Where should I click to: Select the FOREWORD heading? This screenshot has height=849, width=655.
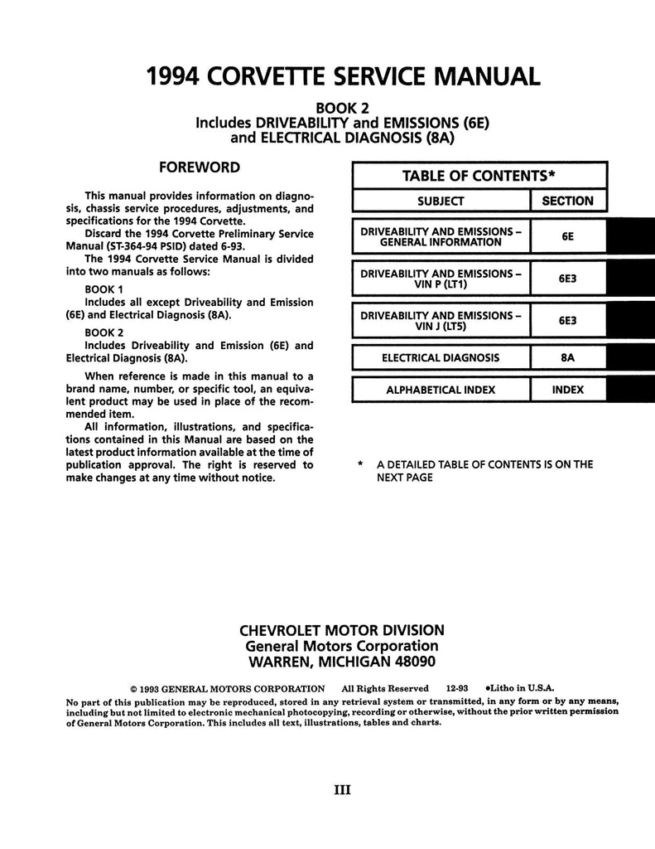(x=200, y=167)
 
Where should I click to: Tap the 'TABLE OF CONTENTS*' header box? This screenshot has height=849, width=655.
(x=478, y=176)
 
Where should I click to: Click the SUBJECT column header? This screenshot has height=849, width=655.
(x=441, y=201)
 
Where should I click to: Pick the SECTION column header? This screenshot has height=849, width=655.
(x=567, y=201)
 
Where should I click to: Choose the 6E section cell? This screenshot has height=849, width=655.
(x=567, y=236)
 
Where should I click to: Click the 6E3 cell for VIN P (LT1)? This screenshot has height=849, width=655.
(x=567, y=279)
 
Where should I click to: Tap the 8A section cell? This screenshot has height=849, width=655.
(x=567, y=358)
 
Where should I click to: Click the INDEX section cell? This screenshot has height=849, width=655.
(x=567, y=390)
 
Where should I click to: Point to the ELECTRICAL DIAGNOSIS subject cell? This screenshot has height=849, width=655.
(x=441, y=358)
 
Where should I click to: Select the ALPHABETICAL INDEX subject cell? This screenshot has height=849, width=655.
(x=441, y=390)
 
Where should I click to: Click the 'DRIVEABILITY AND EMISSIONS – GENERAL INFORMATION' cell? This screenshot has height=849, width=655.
(x=441, y=236)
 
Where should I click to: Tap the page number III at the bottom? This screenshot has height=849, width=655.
(x=342, y=789)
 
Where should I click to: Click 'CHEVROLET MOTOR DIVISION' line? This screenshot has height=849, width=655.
(x=341, y=629)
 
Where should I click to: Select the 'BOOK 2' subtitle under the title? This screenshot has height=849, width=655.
(x=342, y=106)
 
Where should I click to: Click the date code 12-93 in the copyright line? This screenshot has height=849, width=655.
(x=457, y=688)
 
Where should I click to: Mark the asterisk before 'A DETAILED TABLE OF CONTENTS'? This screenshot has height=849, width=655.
(x=360, y=465)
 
